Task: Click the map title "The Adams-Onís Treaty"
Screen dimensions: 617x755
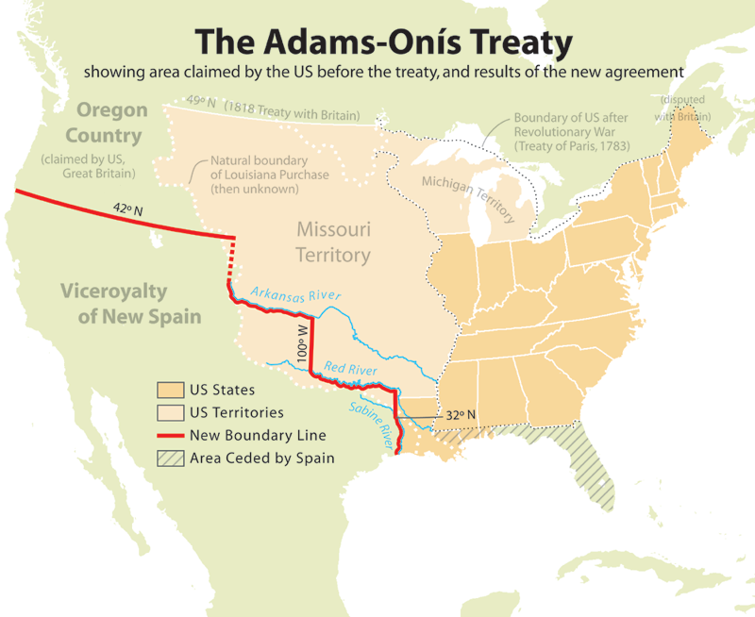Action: (383, 42)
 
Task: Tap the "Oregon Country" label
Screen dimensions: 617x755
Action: (112, 122)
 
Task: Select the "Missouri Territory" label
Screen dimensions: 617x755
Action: (333, 242)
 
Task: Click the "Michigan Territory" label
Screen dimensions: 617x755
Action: (468, 198)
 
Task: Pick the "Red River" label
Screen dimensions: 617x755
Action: (350, 369)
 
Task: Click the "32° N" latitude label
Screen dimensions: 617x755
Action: (461, 414)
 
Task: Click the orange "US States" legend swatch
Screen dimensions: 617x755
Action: (169, 390)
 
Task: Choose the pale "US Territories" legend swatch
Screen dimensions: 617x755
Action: (169, 412)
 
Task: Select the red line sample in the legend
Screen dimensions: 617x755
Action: (169, 436)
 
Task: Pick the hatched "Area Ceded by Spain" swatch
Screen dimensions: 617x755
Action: (169, 459)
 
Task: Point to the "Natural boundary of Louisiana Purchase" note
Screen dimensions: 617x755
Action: (254, 175)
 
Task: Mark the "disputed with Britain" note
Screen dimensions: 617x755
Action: (686, 108)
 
